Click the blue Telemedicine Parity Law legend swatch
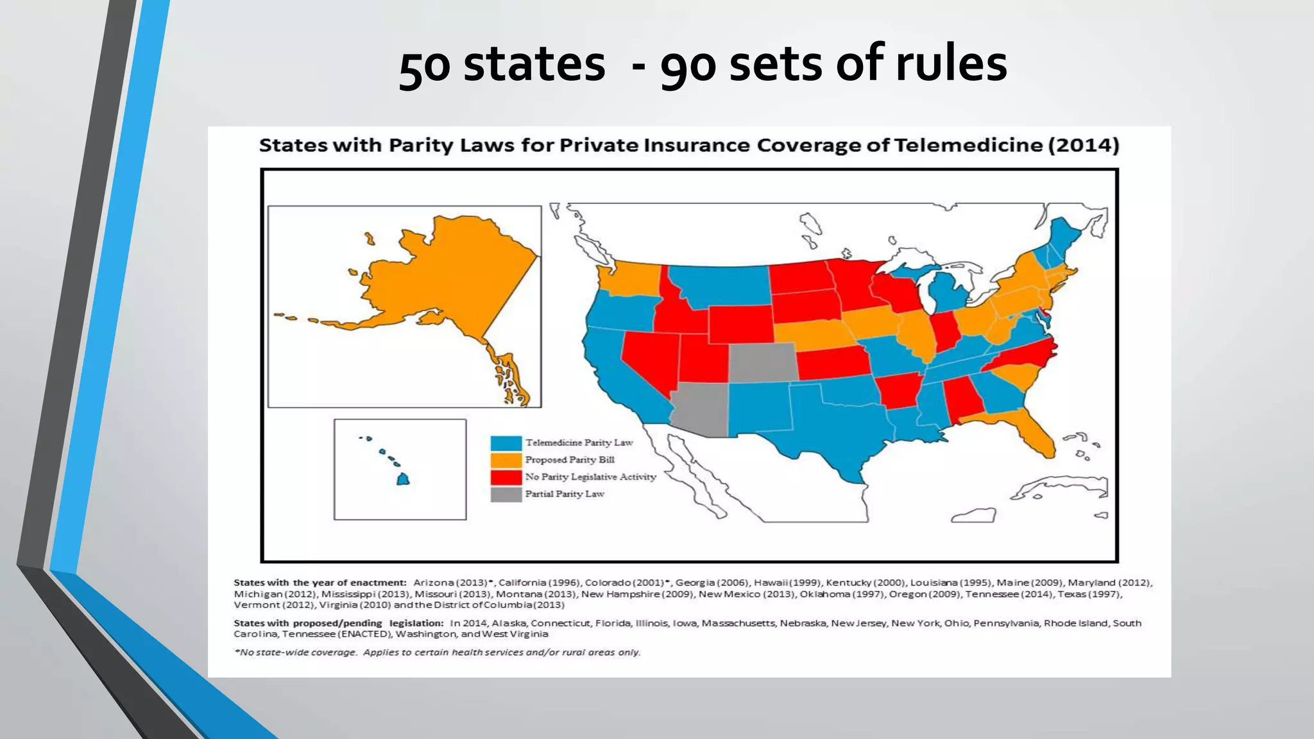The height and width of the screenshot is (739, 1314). click(506, 443)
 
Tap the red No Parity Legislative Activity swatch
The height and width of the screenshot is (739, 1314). click(506, 477)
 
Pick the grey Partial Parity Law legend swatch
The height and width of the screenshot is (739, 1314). click(506, 495)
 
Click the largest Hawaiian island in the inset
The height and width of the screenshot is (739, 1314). click(403, 479)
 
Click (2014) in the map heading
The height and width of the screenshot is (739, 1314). click(1084, 145)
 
